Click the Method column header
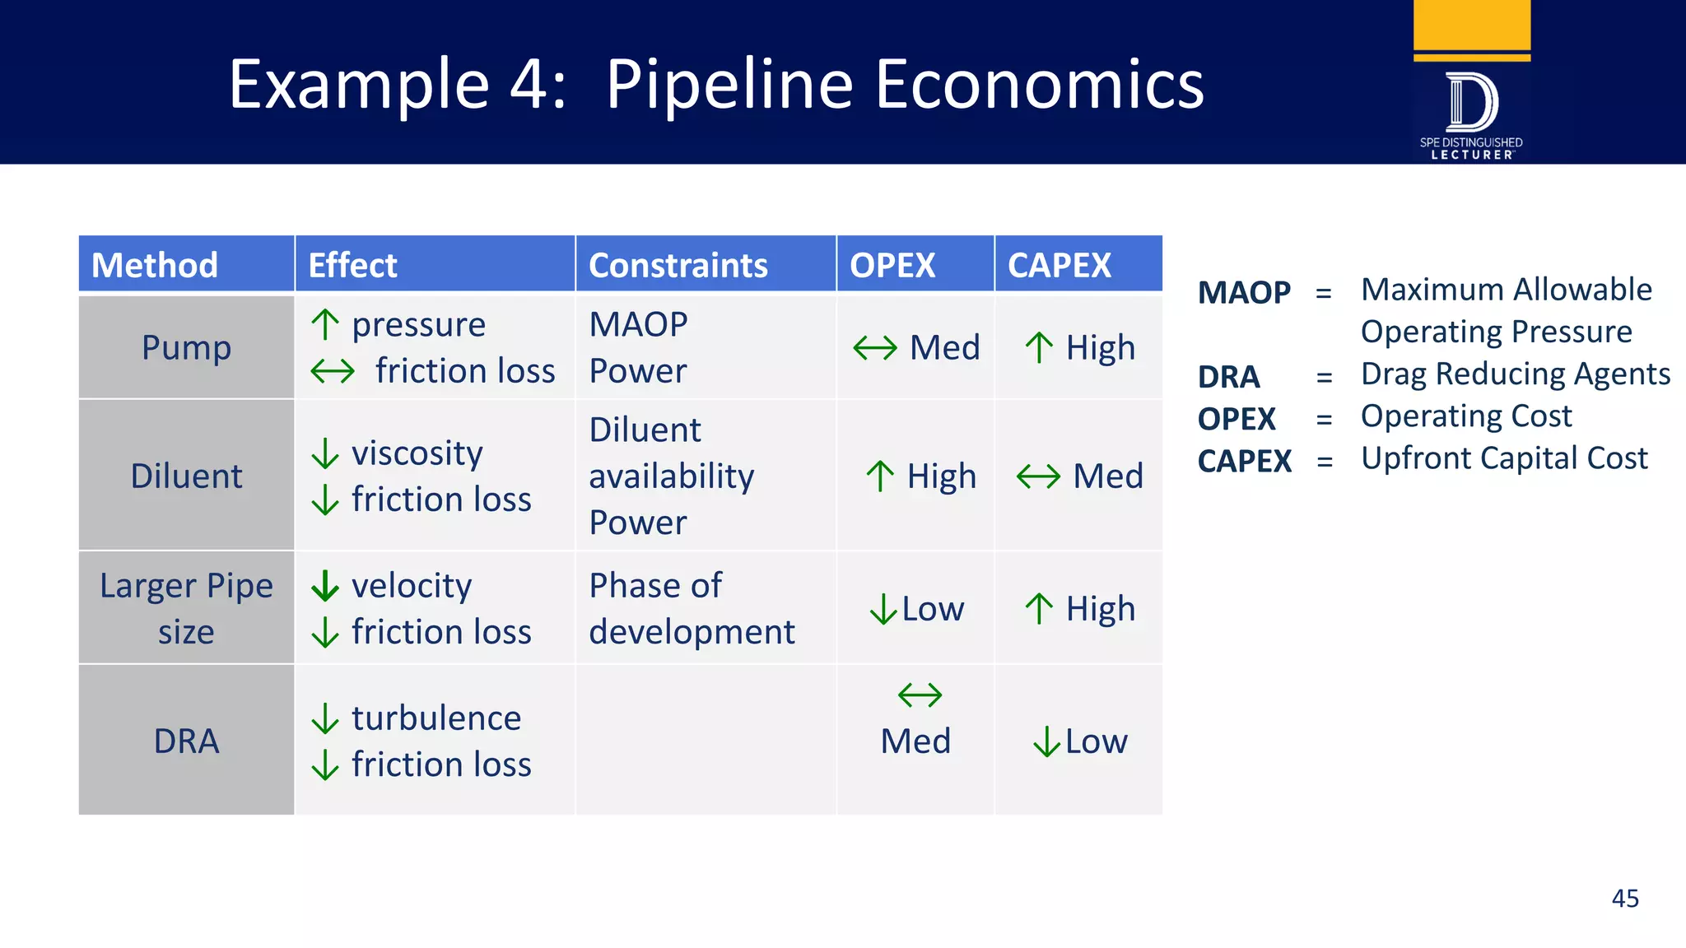[155, 265]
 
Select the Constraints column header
[678, 265]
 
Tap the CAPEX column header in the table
[1059, 265]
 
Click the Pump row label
[186, 347]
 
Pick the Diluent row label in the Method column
[186, 476]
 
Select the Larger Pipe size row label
[186, 608]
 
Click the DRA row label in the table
[186, 741]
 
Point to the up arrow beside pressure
[325, 324]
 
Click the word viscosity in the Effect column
[417, 453]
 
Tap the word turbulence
[436, 718]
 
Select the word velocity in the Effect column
[412, 585]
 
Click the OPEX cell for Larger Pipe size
[916, 609]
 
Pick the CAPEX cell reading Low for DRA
[1080, 741]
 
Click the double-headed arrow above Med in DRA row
[920, 695]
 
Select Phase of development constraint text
[691, 608]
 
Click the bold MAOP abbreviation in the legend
[1243, 293]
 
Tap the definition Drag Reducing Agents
[1515, 374]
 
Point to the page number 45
[1624, 898]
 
